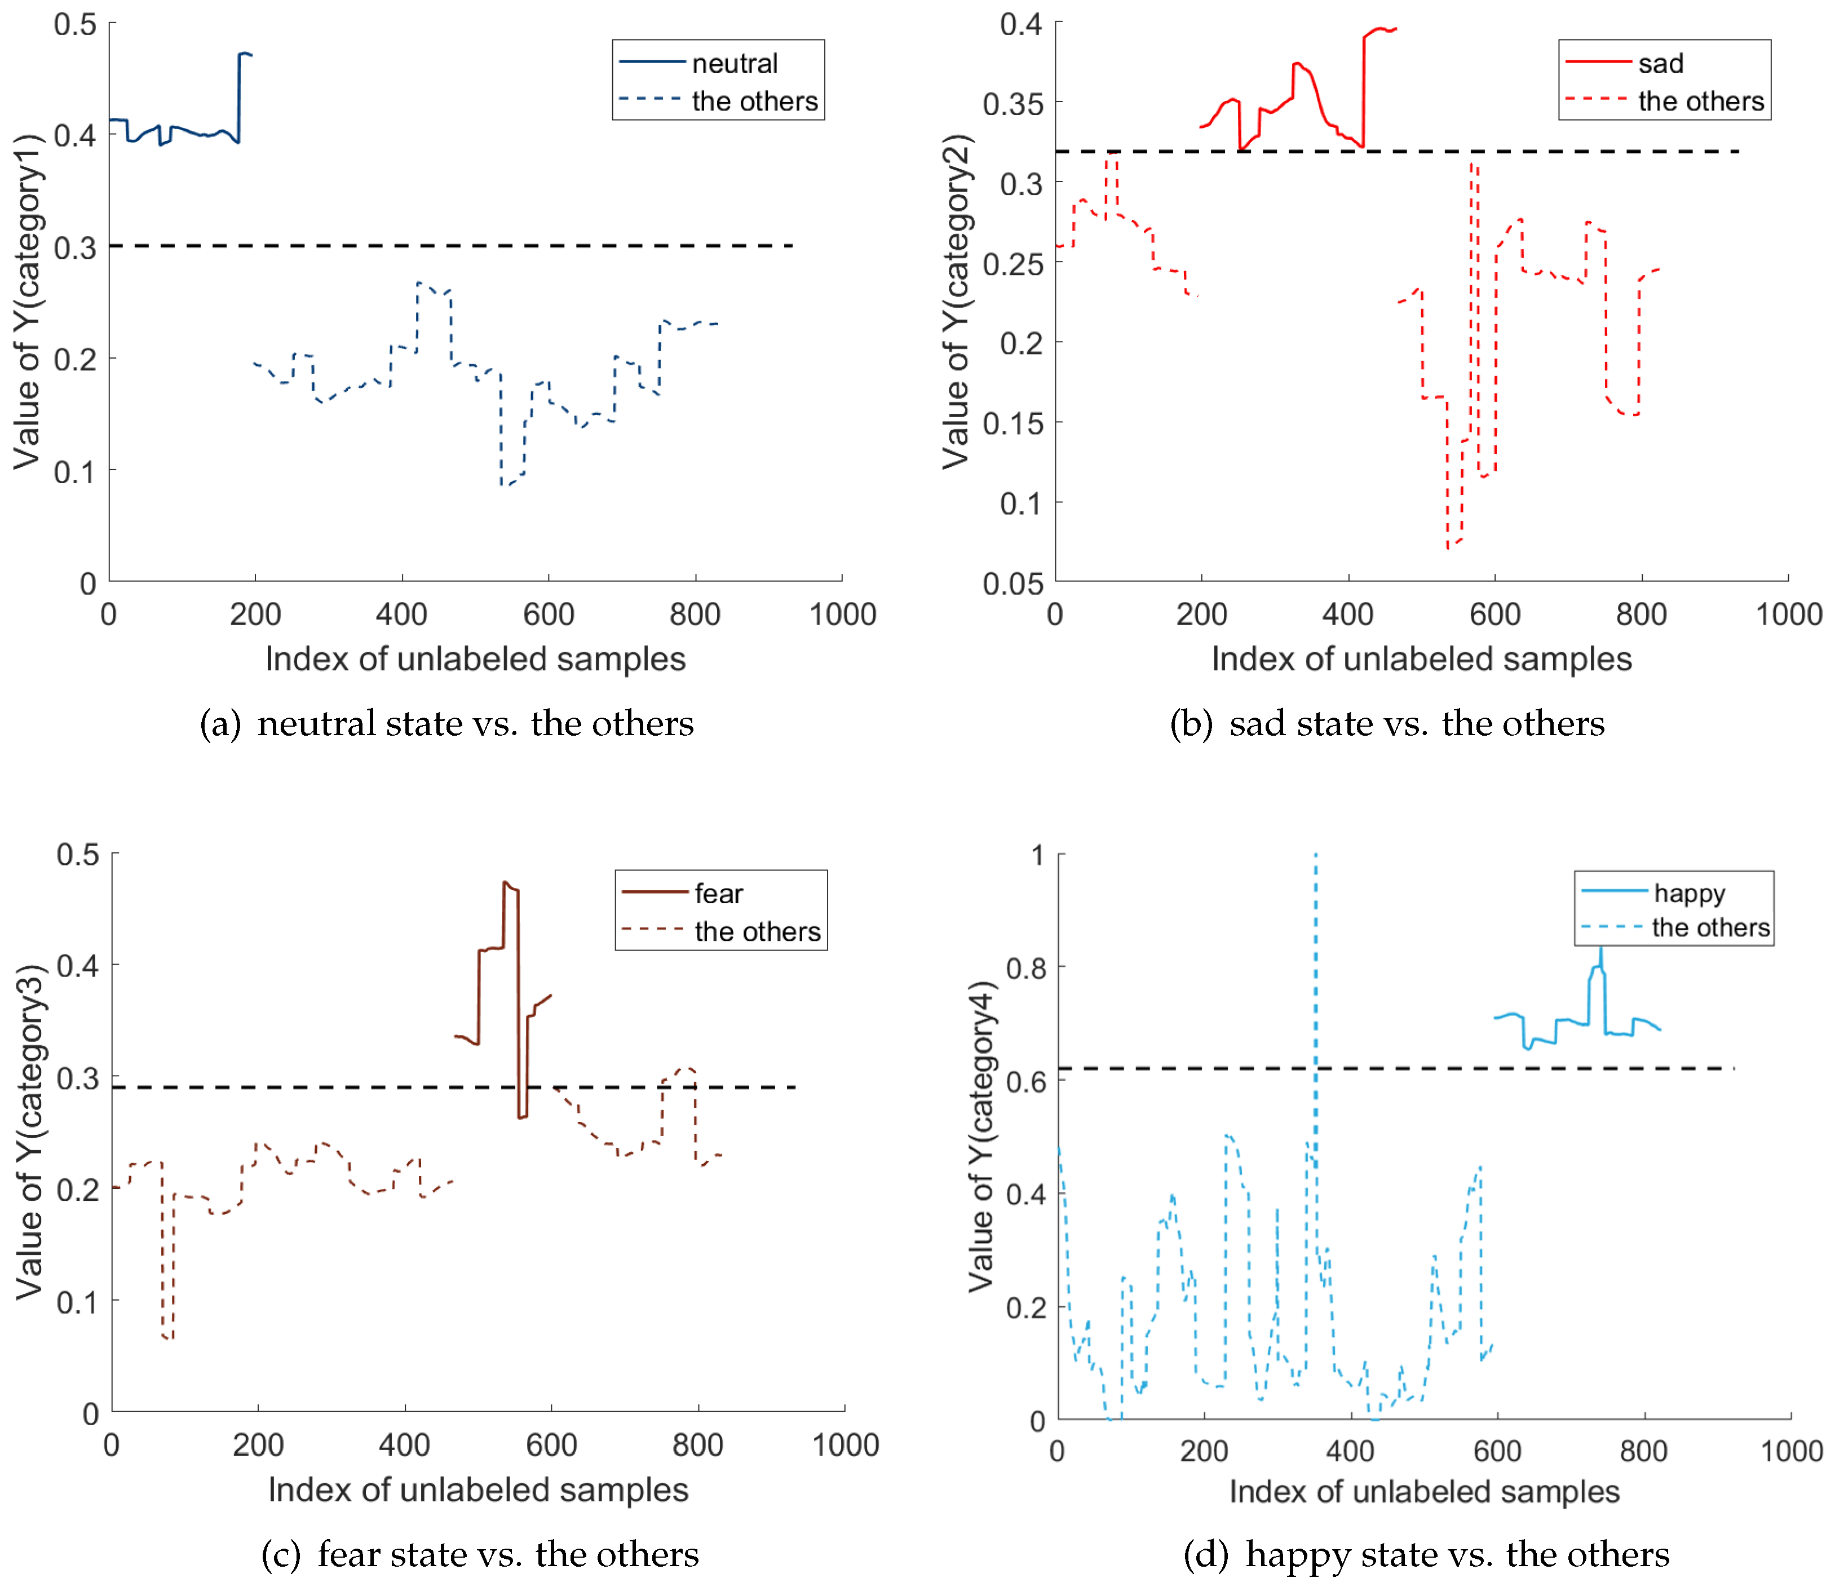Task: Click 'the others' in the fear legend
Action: click(757, 932)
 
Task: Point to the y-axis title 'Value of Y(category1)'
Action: click(28, 301)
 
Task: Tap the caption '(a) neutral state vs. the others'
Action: click(446, 723)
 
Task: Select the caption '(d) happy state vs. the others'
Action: click(1426, 1554)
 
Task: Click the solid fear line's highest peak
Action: click(505, 883)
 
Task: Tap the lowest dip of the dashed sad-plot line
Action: click(1448, 547)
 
